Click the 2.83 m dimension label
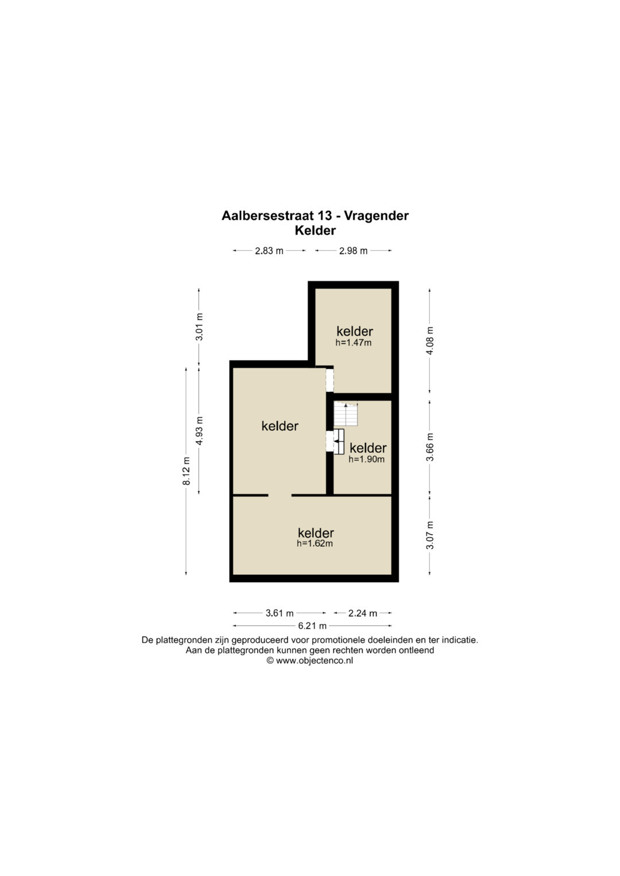pos(269,251)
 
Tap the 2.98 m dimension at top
pos(353,251)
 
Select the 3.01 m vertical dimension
pos(199,326)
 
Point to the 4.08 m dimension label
pos(430,341)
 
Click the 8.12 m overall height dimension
pos(187,471)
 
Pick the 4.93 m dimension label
pos(199,431)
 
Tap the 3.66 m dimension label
pos(430,447)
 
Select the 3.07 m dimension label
pos(430,535)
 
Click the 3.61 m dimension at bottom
pos(280,613)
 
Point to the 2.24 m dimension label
pos(362,613)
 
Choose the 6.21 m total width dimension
pos(312,626)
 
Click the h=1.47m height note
pos(354,342)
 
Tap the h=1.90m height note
pos(366,459)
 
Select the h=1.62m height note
pos(315,543)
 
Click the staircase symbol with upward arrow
pos(346,414)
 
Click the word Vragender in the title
pos(376,216)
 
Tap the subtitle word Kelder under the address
pos(315,231)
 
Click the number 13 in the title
pos(325,216)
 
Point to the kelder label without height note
pos(280,426)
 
